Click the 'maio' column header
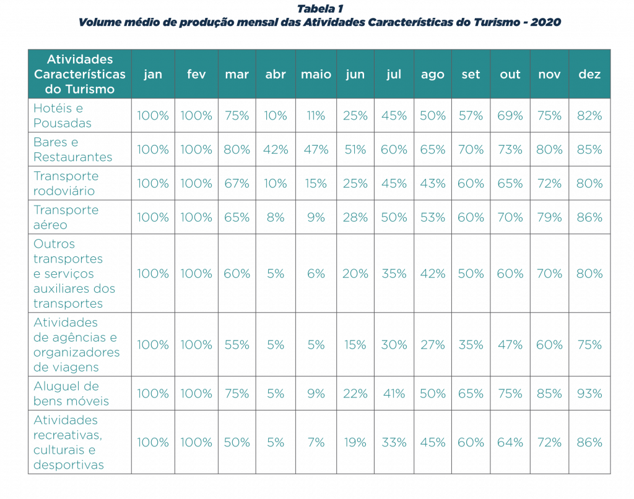(316, 74)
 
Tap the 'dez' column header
(589, 74)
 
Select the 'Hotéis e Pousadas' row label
(63, 116)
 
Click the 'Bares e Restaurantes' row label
(73, 150)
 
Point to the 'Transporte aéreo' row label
(66, 217)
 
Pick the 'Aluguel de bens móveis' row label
(71, 394)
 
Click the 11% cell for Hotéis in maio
(316, 116)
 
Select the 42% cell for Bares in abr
(276, 150)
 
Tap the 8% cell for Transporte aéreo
(276, 217)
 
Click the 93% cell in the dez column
(589, 394)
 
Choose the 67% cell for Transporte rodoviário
(237, 183)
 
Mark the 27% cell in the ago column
(432, 344)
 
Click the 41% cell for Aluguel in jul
(394, 394)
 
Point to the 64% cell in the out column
(510, 442)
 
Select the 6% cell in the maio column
(316, 274)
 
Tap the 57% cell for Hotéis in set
(471, 116)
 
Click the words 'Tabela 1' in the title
(320, 9)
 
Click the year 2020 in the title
(545, 22)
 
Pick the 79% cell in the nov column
(549, 217)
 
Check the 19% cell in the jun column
(355, 442)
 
